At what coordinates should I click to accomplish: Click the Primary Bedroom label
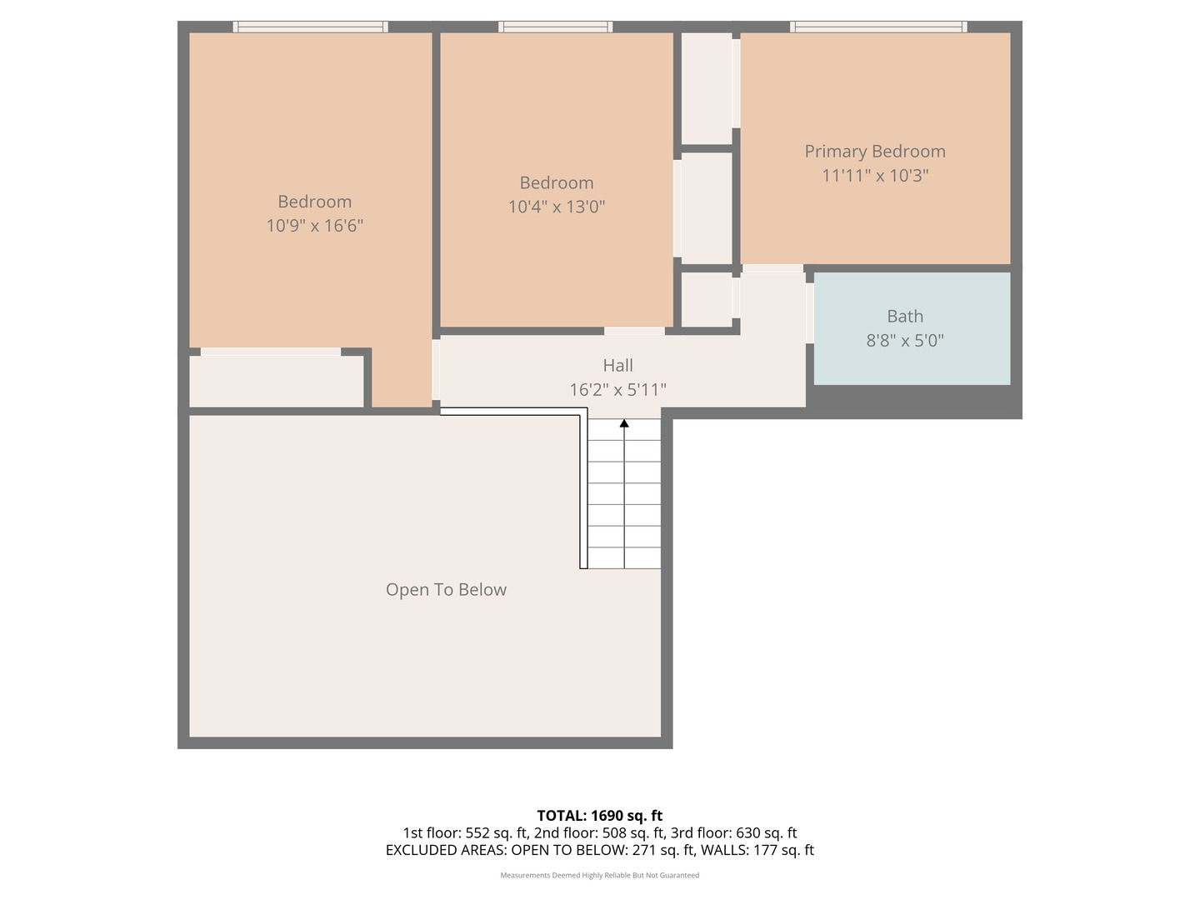[x=875, y=152]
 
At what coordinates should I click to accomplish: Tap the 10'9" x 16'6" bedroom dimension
[x=314, y=226]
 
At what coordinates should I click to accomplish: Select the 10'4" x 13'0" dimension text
[x=557, y=207]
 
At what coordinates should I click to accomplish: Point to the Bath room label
[x=905, y=317]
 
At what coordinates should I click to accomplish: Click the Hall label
[x=617, y=365]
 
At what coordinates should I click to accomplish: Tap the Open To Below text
[x=446, y=590]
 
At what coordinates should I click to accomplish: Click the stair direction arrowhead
[x=624, y=423]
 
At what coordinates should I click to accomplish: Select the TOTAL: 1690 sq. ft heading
[x=600, y=816]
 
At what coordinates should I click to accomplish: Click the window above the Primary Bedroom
[x=878, y=27]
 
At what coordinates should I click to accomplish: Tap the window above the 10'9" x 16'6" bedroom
[x=311, y=27]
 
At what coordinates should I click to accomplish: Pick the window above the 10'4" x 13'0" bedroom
[x=555, y=27]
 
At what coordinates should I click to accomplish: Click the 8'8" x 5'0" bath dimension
[x=905, y=341]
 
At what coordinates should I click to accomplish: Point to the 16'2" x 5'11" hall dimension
[x=617, y=390]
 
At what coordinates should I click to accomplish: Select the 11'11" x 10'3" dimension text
[x=875, y=175]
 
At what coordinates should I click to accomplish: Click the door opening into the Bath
[x=810, y=313]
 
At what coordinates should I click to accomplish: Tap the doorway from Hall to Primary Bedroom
[x=772, y=268]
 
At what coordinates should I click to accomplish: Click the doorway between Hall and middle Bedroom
[x=634, y=331]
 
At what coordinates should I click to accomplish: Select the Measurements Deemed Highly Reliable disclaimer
[x=600, y=875]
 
